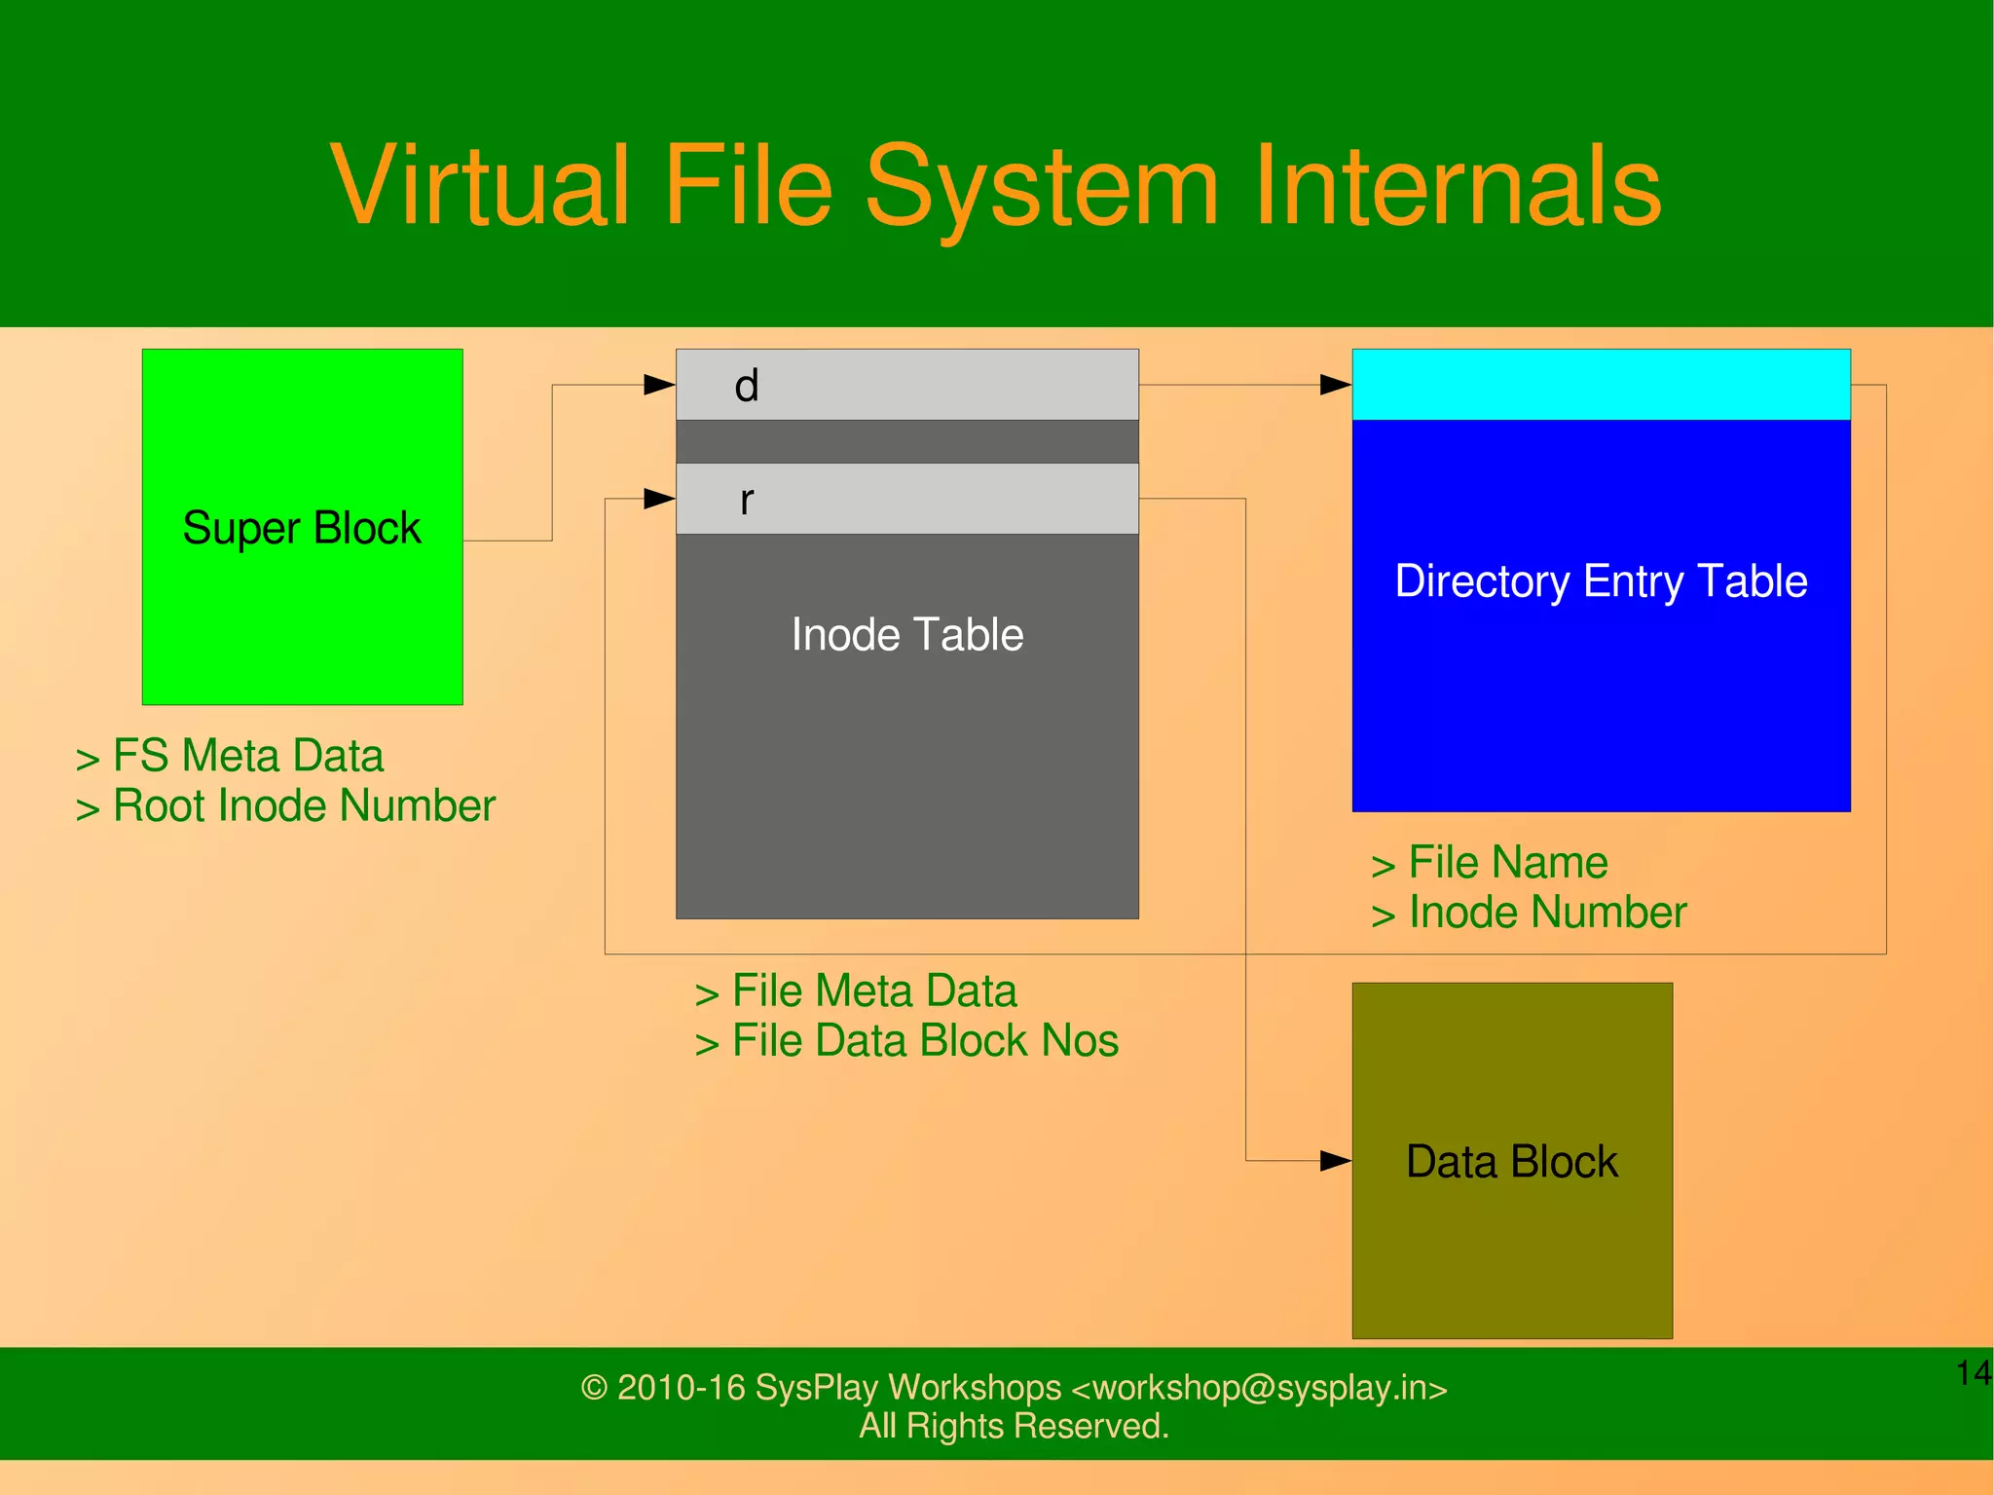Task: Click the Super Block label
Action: coord(302,529)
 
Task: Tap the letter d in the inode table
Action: coord(747,386)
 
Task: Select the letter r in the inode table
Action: coord(747,501)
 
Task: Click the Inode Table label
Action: coord(907,635)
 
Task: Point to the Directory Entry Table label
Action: coord(1601,581)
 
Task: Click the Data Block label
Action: coord(1511,1162)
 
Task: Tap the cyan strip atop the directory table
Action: coord(1601,385)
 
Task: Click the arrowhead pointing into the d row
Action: coord(660,385)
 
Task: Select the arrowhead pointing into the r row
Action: coord(660,499)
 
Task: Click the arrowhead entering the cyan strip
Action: coord(1336,385)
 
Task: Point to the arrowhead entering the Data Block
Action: coord(1336,1161)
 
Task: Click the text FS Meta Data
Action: coord(248,756)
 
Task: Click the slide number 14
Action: coord(1974,1373)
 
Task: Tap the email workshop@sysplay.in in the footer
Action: coord(1260,1388)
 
